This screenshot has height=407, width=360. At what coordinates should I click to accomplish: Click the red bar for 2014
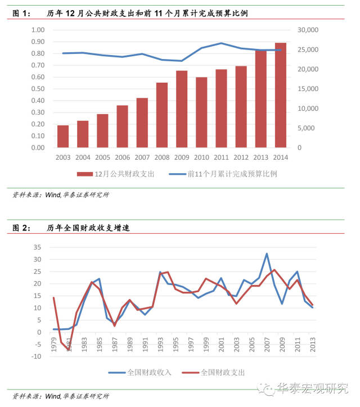(280, 96)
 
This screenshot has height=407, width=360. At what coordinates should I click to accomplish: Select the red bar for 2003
(63, 137)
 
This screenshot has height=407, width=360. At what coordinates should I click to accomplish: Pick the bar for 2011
(221, 109)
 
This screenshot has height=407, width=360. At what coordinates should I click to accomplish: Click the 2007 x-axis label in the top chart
(142, 157)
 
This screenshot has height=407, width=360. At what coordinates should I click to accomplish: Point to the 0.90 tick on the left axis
(38, 42)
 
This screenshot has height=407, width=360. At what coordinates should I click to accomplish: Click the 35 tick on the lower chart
(38, 247)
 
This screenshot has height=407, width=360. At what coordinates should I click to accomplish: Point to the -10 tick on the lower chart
(37, 356)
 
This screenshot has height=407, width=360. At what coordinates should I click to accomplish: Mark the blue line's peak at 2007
(267, 254)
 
